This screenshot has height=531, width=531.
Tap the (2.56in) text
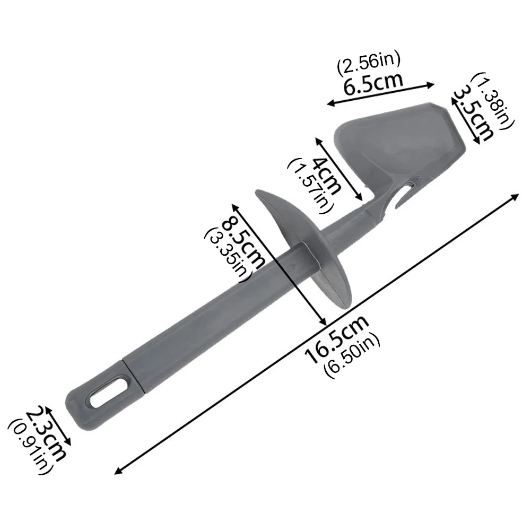tap(369, 62)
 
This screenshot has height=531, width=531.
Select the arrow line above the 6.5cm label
tap(381, 93)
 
